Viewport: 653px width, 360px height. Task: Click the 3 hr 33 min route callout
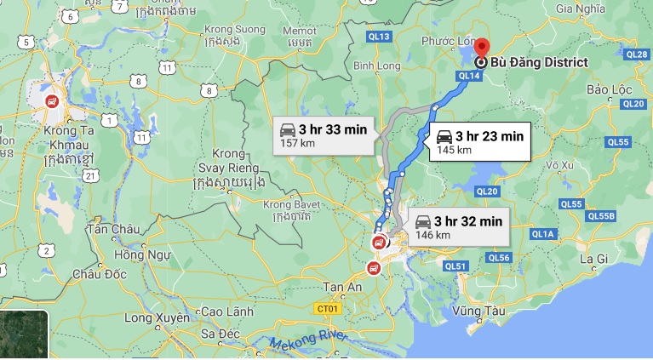pos(324,136)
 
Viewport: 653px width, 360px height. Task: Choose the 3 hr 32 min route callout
pos(456,226)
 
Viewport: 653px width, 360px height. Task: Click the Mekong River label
pos(311,344)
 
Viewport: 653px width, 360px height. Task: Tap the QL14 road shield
pos(469,76)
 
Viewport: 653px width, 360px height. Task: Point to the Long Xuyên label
pos(154,318)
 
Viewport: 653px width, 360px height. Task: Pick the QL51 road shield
pos(456,266)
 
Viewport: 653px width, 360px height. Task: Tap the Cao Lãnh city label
pos(226,312)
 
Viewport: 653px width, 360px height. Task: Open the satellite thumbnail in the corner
pos(24,334)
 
